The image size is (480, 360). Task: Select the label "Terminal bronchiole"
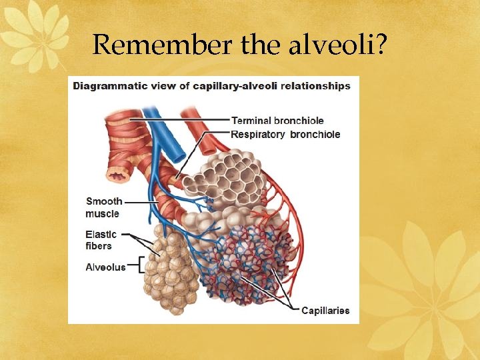tap(277, 121)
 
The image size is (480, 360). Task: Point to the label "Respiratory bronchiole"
tap(285, 135)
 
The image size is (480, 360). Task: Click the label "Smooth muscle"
tap(103, 207)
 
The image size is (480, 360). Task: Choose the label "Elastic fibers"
tap(101, 240)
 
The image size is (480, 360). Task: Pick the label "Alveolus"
tap(105, 267)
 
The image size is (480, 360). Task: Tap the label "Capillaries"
tap(325, 311)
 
